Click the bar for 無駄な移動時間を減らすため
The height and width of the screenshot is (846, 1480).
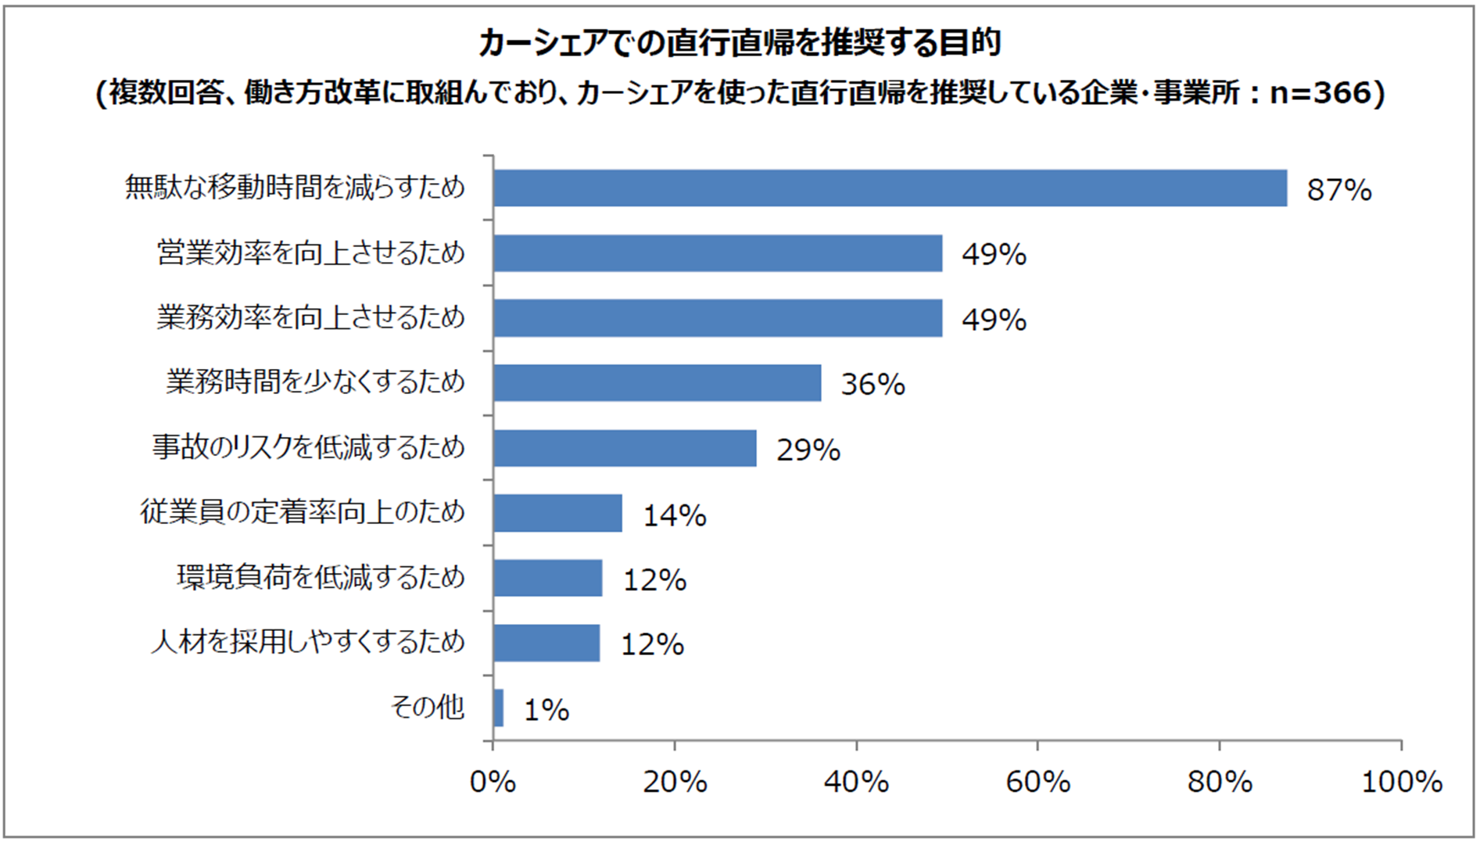pyautogui.click(x=890, y=188)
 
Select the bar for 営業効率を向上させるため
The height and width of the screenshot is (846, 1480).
pyautogui.click(x=718, y=253)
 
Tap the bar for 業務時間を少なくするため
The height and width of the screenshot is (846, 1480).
pyautogui.click(x=657, y=383)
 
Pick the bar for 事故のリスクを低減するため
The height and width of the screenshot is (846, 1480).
pyautogui.click(x=625, y=448)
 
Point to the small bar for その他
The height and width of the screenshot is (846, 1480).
pyautogui.click(x=498, y=708)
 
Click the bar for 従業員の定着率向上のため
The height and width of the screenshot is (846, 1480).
pyautogui.click(x=557, y=513)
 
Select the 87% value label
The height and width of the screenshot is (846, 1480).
pyautogui.click(x=1338, y=190)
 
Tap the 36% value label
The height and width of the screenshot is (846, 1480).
pyautogui.click(x=873, y=384)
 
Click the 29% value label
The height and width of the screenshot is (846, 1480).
pyautogui.click(x=808, y=450)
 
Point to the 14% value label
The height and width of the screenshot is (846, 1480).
pyautogui.click(x=674, y=515)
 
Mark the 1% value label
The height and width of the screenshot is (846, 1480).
pyautogui.click(x=546, y=710)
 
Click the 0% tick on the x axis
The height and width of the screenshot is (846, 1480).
pyautogui.click(x=493, y=782)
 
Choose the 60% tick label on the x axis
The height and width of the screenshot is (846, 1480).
pyautogui.click(x=1037, y=782)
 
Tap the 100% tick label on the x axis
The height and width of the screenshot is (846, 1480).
pyautogui.click(x=1401, y=782)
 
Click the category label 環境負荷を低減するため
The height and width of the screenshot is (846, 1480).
pyautogui.click(x=321, y=578)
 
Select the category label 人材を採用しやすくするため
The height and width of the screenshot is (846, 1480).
pyautogui.click(x=308, y=643)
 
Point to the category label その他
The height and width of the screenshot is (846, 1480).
pyautogui.click(x=427, y=708)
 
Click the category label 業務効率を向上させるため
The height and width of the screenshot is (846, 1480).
pyautogui.click(x=310, y=318)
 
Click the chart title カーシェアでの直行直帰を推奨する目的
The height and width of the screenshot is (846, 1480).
pyautogui.click(x=740, y=44)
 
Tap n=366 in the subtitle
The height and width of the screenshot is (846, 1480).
pyautogui.click(x=1321, y=93)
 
